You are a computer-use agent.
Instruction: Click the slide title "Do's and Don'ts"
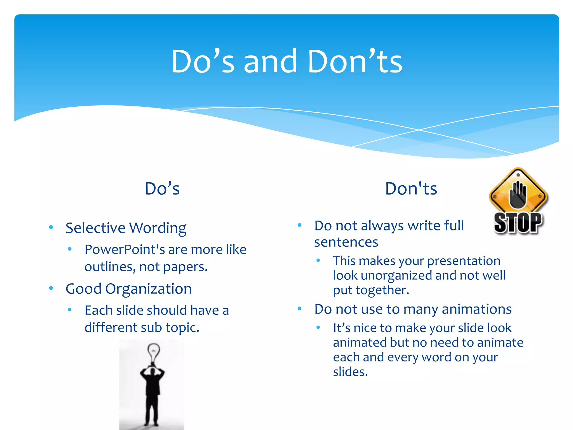(x=286, y=62)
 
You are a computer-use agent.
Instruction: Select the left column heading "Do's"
(x=162, y=189)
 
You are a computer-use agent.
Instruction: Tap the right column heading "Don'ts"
(x=411, y=189)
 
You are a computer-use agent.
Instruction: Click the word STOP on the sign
(x=518, y=223)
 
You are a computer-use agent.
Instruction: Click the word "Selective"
(x=95, y=228)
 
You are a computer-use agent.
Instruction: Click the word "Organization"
(x=148, y=289)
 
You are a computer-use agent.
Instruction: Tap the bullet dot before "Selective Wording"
(x=51, y=227)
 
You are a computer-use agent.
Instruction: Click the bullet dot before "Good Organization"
(x=51, y=288)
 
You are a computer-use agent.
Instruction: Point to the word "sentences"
(x=346, y=242)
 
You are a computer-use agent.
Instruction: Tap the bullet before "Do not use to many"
(x=299, y=309)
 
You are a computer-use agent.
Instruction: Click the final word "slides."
(x=350, y=372)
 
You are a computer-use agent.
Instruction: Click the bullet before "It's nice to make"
(x=318, y=327)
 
